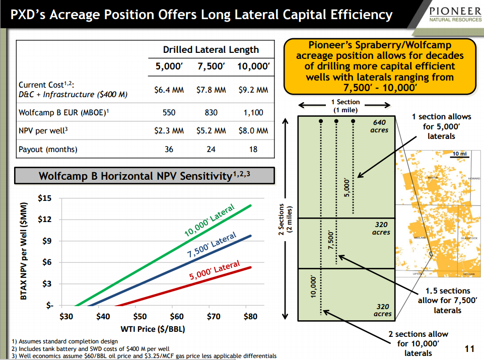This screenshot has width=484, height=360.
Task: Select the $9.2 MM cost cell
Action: point(253,91)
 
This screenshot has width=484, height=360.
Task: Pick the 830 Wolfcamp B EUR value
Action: point(212,113)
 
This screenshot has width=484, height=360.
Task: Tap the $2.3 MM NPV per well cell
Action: point(169,131)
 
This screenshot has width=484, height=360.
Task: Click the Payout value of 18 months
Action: point(253,149)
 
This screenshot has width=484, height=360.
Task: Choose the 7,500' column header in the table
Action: point(212,66)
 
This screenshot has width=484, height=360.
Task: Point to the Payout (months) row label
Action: point(48,150)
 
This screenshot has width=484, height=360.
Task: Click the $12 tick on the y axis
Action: point(45,220)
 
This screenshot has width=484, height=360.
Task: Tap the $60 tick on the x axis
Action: point(176,317)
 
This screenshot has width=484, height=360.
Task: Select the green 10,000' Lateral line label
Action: point(210,221)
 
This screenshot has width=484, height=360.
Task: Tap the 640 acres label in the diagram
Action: point(379,126)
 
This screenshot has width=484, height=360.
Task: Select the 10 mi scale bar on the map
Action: point(459,154)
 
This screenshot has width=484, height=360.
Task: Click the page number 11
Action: point(469,349)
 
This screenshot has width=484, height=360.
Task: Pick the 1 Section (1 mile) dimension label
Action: point(345,106)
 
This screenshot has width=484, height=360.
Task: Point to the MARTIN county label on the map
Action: point(432,178)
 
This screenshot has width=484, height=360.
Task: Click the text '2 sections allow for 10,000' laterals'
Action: point(418,343)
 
